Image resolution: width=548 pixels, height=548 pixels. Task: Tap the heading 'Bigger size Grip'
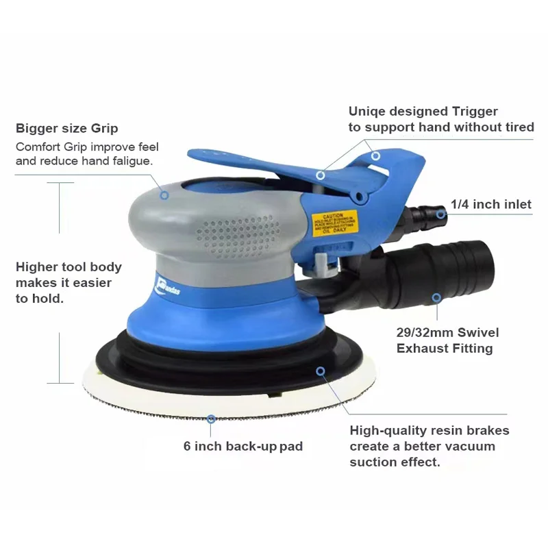[67, 128]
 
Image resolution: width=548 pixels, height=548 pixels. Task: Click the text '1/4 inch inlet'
[491, 204]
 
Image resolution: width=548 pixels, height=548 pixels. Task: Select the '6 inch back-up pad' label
[243, 446]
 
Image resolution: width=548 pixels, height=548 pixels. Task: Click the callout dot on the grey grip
[164, 195]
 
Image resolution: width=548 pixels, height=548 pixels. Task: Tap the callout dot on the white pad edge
[212, 417]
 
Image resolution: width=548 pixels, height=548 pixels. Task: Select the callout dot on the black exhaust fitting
[436, 298]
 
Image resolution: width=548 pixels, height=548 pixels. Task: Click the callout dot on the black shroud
[320, 371]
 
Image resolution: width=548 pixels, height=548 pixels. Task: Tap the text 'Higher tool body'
[68, 267]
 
